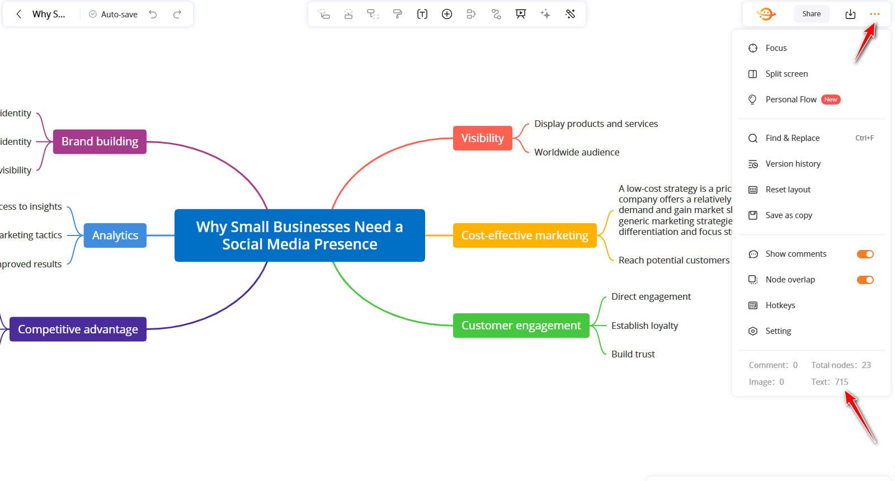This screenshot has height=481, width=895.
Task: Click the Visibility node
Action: tap(482, 138)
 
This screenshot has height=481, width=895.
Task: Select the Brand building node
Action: tap(100, 142)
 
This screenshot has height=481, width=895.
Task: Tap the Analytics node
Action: tap(115, 235)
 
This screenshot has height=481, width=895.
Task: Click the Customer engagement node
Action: tap(521, 326)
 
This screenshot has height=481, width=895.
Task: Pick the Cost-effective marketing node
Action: tap(524, 235)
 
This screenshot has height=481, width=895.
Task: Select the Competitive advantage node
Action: tap(78, 329)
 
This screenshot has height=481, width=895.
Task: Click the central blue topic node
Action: tap(299, 235)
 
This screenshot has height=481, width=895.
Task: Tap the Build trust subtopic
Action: tap(633, 354)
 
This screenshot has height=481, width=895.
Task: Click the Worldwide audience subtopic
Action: tap(576, 152)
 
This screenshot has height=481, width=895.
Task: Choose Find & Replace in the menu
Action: tap(792, 138)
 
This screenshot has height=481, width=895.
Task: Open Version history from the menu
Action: tap(793, 164)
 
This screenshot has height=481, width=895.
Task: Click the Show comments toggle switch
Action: tap(865, 254)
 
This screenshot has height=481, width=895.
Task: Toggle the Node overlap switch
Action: tap(865, 280)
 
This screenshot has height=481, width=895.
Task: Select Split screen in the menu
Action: tap(786, 74)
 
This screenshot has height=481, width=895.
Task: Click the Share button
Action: tap(811, 14)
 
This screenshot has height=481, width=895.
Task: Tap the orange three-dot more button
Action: tap(875, 14)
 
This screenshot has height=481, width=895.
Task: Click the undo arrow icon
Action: tap(153, 15)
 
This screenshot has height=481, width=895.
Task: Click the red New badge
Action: tap(831, 100)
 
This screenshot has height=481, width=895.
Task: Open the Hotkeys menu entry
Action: tap(780, 305)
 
